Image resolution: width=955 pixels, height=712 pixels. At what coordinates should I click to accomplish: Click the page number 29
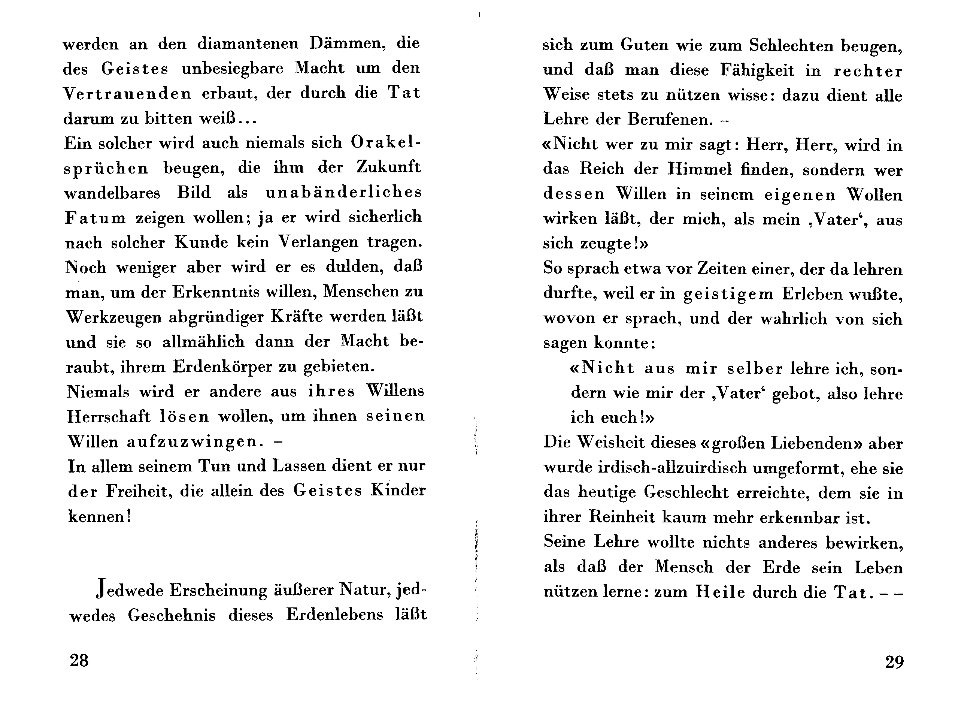894,661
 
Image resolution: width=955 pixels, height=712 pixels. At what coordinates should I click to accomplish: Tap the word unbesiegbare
233,69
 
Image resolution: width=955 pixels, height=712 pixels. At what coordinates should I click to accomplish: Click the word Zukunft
388,168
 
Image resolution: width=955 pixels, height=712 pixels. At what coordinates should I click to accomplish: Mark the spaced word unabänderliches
344,193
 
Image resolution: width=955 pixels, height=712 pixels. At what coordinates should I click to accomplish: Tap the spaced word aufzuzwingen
192,442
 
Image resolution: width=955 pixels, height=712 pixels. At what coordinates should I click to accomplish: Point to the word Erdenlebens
334,615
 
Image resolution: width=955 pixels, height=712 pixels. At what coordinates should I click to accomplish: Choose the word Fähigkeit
757,70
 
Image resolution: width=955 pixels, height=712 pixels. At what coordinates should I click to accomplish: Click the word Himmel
700,169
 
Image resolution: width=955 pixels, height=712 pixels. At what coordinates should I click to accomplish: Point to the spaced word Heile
720,592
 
